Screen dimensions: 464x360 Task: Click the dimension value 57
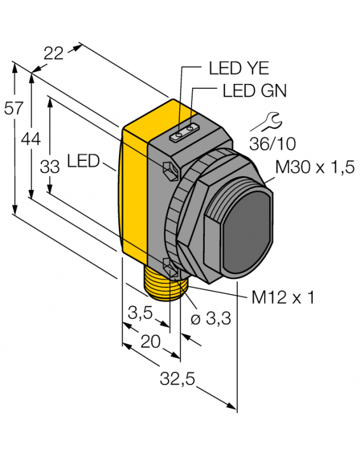(x=13, y=108)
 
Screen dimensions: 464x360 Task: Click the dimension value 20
(x=150, y=342)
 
